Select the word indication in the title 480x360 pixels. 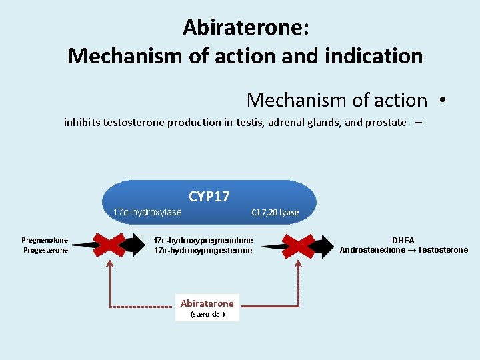click(377, 56)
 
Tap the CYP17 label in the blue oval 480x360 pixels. click(209, 196)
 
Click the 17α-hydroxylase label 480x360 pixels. click(147, 213)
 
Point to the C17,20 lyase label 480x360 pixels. click(275, 213)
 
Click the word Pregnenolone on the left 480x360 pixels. click(45, 240)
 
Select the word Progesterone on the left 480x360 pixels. click(45, 250)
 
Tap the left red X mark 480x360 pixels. click(109, 245)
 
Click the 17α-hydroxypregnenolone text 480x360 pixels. click(203, 240)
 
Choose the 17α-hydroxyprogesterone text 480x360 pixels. click(203, 251)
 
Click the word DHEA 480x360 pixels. click(403, 240)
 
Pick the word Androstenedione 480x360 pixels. click(370, 250)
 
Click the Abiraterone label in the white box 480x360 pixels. click(207, 303)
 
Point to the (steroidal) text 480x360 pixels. click(207, 314)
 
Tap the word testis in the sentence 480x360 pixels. click(250, 122)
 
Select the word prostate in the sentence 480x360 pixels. click(387, 122)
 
